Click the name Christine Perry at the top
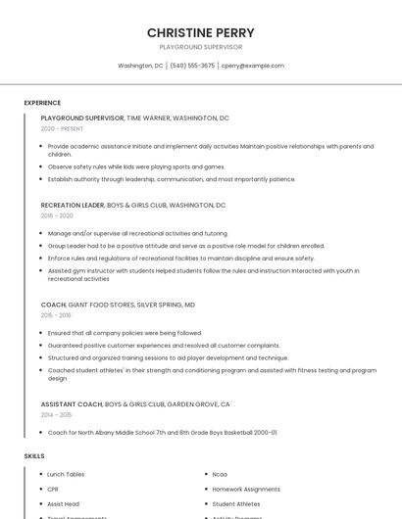pyautogui.click(x=200, y=32)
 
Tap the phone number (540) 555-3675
pyautogui.click(x=192, y=66)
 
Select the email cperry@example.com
pyautogui.click(x=253, y=66)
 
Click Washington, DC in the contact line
pyautogui.click(x=140, y=66)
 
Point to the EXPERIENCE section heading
pyautogui.click(x=42, y=103)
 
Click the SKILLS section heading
pyautogui.click(x=34, y=456)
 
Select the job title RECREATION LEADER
pyautogui.click(x=72, y=206)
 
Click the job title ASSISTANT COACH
pyautogui.click(x=72, y=404)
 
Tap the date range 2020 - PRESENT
pyautogui.click(x=62, y=128)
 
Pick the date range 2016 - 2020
pyautogui.click(x=57, y=215)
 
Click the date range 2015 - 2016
pyautogui.click(x=56, y=315)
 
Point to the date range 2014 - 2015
pyautogui.click(x=56, y=414)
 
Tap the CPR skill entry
pyautogui.click(x=53, y=489)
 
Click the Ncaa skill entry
pyautogui.click(x=220, y=474)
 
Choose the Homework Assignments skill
pyautogui.click(x=246, y=489)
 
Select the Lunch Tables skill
pyautogui.click(x=66, y=474)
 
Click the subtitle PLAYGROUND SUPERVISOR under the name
pyautogui.click(x=200, y=47)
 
